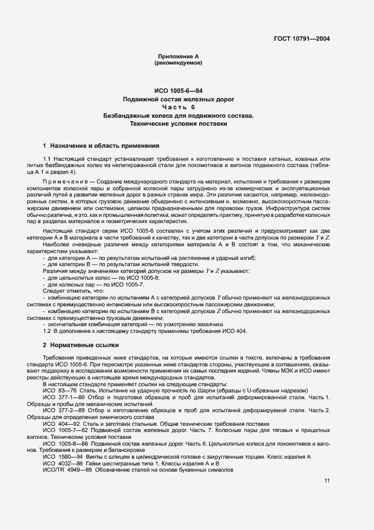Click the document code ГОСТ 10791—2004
coord(300,39)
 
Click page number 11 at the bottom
coord(326,481)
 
